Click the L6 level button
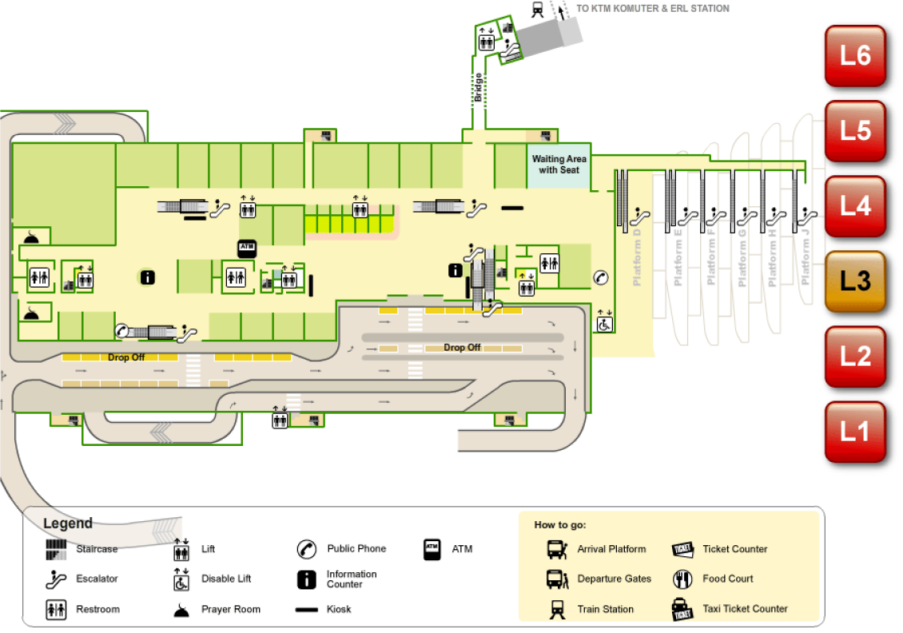click(855, 55)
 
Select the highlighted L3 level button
click(855, 281)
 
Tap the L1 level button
click(855, 432)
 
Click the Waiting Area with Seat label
click(559, 165)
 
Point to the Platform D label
click(637, 257)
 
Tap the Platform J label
click(805, 257)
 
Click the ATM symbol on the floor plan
click(246, 249)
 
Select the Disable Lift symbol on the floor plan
click(605, 321)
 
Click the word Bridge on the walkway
click(479, 87)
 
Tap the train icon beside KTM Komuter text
click(538, 9)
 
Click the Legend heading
click(68, 524)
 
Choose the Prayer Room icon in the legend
click(182, 609)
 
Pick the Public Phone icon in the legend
click(307, 549)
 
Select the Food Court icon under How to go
click(682, 579)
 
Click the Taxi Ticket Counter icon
click(682, 609)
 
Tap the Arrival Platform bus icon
click(556, 549)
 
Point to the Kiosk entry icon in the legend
click(307, 610)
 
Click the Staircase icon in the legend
click(56, 549)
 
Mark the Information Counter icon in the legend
click(307, 579)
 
